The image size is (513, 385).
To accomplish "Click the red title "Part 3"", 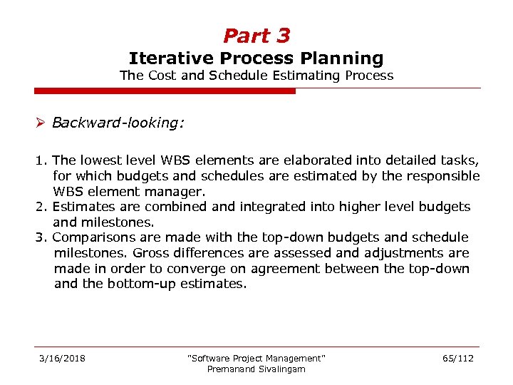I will [x=256, y=36].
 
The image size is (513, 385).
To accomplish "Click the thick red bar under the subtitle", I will [x=165, y=91].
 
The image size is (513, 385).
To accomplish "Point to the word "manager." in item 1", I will [x=177, y=191].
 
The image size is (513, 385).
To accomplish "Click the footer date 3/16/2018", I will [x=62, y=358].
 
